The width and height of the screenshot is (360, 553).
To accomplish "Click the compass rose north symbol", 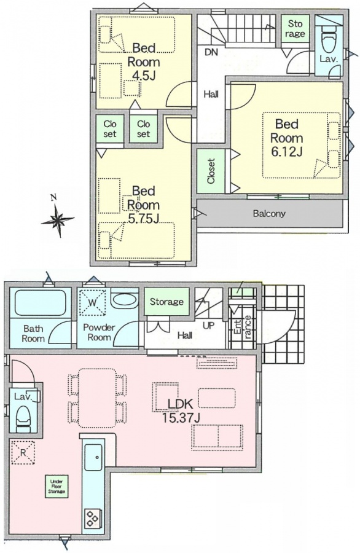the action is [58, 220].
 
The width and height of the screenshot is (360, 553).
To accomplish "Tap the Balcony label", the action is [269, 213].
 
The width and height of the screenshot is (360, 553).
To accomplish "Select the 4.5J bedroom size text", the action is [143, 76].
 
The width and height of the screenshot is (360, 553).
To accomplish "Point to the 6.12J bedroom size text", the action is [287, 151].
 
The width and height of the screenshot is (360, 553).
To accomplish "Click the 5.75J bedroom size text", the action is [144, 218].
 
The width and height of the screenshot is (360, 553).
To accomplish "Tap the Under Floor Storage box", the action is [57, 487].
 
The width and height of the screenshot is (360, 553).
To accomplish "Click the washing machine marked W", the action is [92, 302].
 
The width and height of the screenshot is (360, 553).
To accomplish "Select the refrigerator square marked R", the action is [23, 452].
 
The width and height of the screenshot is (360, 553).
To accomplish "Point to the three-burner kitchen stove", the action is [93, 519].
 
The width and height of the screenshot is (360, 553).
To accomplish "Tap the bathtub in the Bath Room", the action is [41, 303].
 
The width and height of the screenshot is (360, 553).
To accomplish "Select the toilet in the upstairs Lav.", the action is [330, 42].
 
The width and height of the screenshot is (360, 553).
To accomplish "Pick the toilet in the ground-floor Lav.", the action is [24, 418].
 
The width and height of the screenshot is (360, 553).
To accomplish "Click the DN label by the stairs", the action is [211, 53].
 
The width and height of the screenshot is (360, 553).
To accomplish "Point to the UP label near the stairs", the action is [208, 326].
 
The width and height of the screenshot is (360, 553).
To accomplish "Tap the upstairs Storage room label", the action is [295, 28].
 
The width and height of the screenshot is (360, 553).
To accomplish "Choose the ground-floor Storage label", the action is [166, 302].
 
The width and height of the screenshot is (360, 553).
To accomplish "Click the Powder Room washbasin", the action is [125, 300].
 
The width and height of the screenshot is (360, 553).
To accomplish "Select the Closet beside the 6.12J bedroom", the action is [211, 171].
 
